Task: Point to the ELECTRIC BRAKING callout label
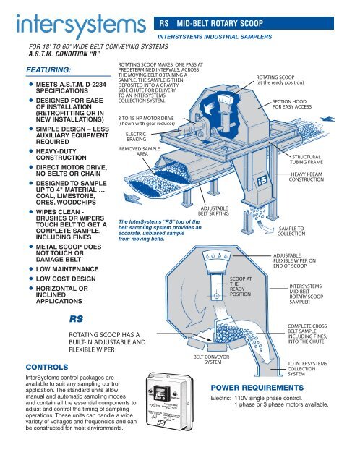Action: pos(135,137)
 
